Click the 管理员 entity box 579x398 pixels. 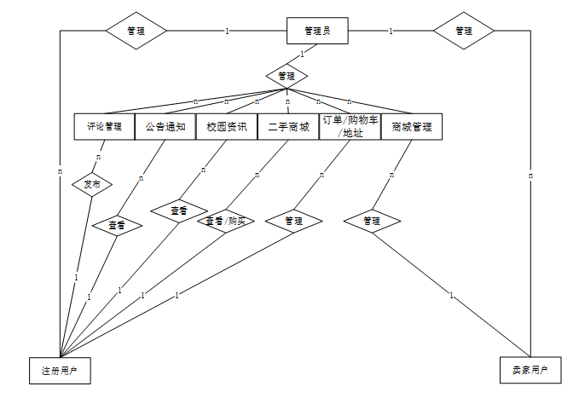click(x=318, y=32)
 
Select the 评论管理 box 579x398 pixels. click(x=104, y=127)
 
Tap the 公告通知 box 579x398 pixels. click(x=165, y=127)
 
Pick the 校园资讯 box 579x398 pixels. click(x=227, y=127)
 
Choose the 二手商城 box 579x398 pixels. click(x=288, y=127)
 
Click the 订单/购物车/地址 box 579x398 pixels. click(x=350, y=127)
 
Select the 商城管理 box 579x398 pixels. click(x=412, y=127)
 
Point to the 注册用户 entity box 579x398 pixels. click(x=60, y=371)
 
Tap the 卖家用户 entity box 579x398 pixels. click(x=530, y=371)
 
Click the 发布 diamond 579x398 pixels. click(x=91, y=184)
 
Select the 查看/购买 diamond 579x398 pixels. click(x=226, y=221)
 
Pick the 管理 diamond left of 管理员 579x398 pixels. click(x=136, y=31)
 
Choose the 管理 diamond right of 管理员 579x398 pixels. click(x=464, y=31)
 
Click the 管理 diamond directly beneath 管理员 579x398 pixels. click(x=287, y=76)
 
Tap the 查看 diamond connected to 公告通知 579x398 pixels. click(x=117, y=226)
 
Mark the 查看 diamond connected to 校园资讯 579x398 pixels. click(x=179, y=210)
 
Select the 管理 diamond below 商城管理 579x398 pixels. click(x=372, y=221)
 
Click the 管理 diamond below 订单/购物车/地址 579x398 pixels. click(x=293, y=221)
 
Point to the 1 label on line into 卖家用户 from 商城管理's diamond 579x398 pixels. click(x=451, y=296)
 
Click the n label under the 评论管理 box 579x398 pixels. click(x=99, y=157)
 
